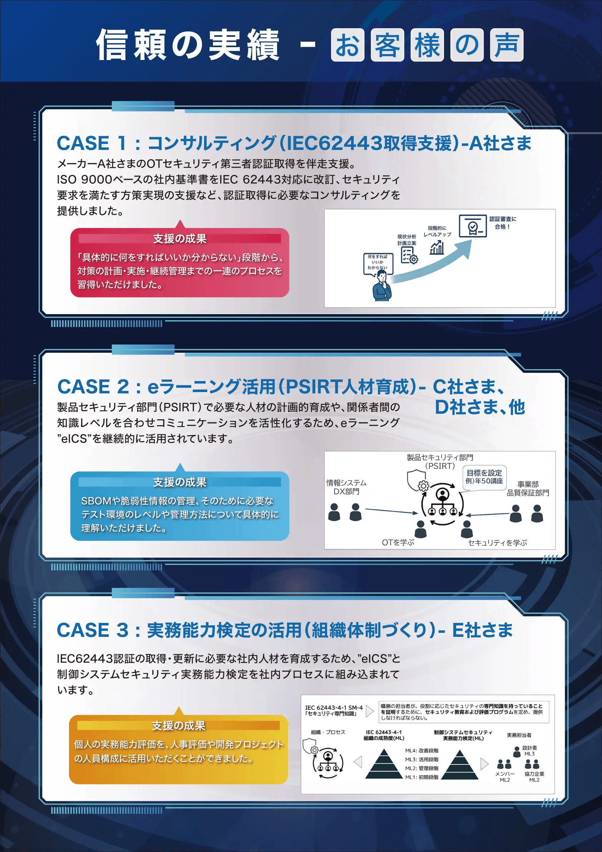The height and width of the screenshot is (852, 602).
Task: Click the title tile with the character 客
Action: pos(387,45)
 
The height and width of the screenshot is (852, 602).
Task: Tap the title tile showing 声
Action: pos(507,45)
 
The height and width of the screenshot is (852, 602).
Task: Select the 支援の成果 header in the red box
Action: pos(180,239)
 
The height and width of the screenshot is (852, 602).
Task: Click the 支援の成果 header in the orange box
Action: pos(178,725)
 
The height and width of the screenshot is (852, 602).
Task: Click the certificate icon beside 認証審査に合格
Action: pos(473,226)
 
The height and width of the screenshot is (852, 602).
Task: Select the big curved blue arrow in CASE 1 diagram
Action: pos(430,264)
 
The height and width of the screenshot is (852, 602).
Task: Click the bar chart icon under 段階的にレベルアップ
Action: pos(437,247)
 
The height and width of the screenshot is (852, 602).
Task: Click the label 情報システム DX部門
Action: pos(346,487)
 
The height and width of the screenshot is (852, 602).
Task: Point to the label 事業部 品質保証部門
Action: pos(528,488)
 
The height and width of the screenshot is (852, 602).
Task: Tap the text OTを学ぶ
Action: pos(398,543)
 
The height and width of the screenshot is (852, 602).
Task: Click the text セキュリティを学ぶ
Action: pos(497,543)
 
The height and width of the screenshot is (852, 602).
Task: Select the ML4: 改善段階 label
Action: pos(421,750)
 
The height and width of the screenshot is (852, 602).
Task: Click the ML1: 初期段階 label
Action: pos(421,777)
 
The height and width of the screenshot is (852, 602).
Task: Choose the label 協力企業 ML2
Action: pos(534,777)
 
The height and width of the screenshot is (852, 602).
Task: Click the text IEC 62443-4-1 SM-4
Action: pos(334,708)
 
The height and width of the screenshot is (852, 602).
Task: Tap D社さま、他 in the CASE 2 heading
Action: pos(479,407)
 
